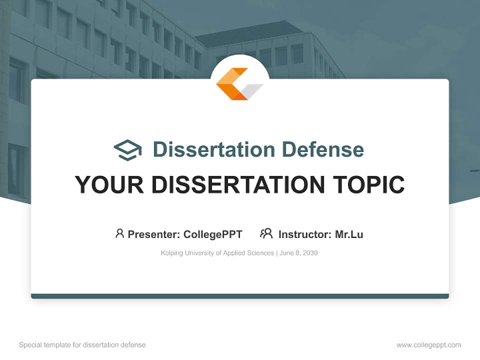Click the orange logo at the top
[239, 83]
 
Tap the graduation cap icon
[127, 149]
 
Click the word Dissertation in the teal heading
[213, 149]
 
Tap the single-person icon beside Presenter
[119, 233]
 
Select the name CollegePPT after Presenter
[213, 234]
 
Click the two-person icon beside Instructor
[266, 233]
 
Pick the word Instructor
[304, 234]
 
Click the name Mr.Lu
[349, 234]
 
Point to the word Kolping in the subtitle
[172, 253]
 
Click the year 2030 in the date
[309, 253]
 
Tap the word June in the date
[287, 253]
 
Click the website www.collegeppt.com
[428, 345]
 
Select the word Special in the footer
[30, 345]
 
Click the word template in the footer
[57, 345]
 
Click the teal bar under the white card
[239, 296]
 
